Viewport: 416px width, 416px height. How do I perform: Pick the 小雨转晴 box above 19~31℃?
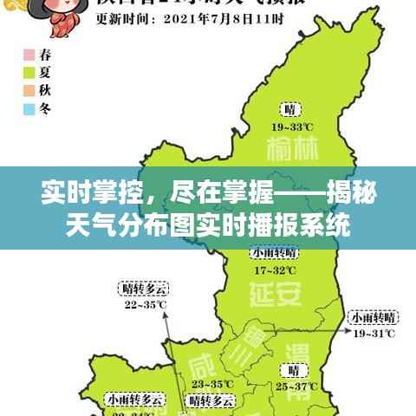[373, 316]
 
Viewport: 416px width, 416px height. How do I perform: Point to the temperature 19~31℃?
[373, 332]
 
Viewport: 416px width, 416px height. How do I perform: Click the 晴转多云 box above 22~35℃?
[145, 289]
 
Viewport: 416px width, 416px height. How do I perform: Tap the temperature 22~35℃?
[145, 304]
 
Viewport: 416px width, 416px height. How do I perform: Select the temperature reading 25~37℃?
[294, 386]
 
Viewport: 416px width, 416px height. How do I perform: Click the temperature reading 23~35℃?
[211, 384]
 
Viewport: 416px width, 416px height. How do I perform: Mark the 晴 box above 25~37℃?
[289, 369]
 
